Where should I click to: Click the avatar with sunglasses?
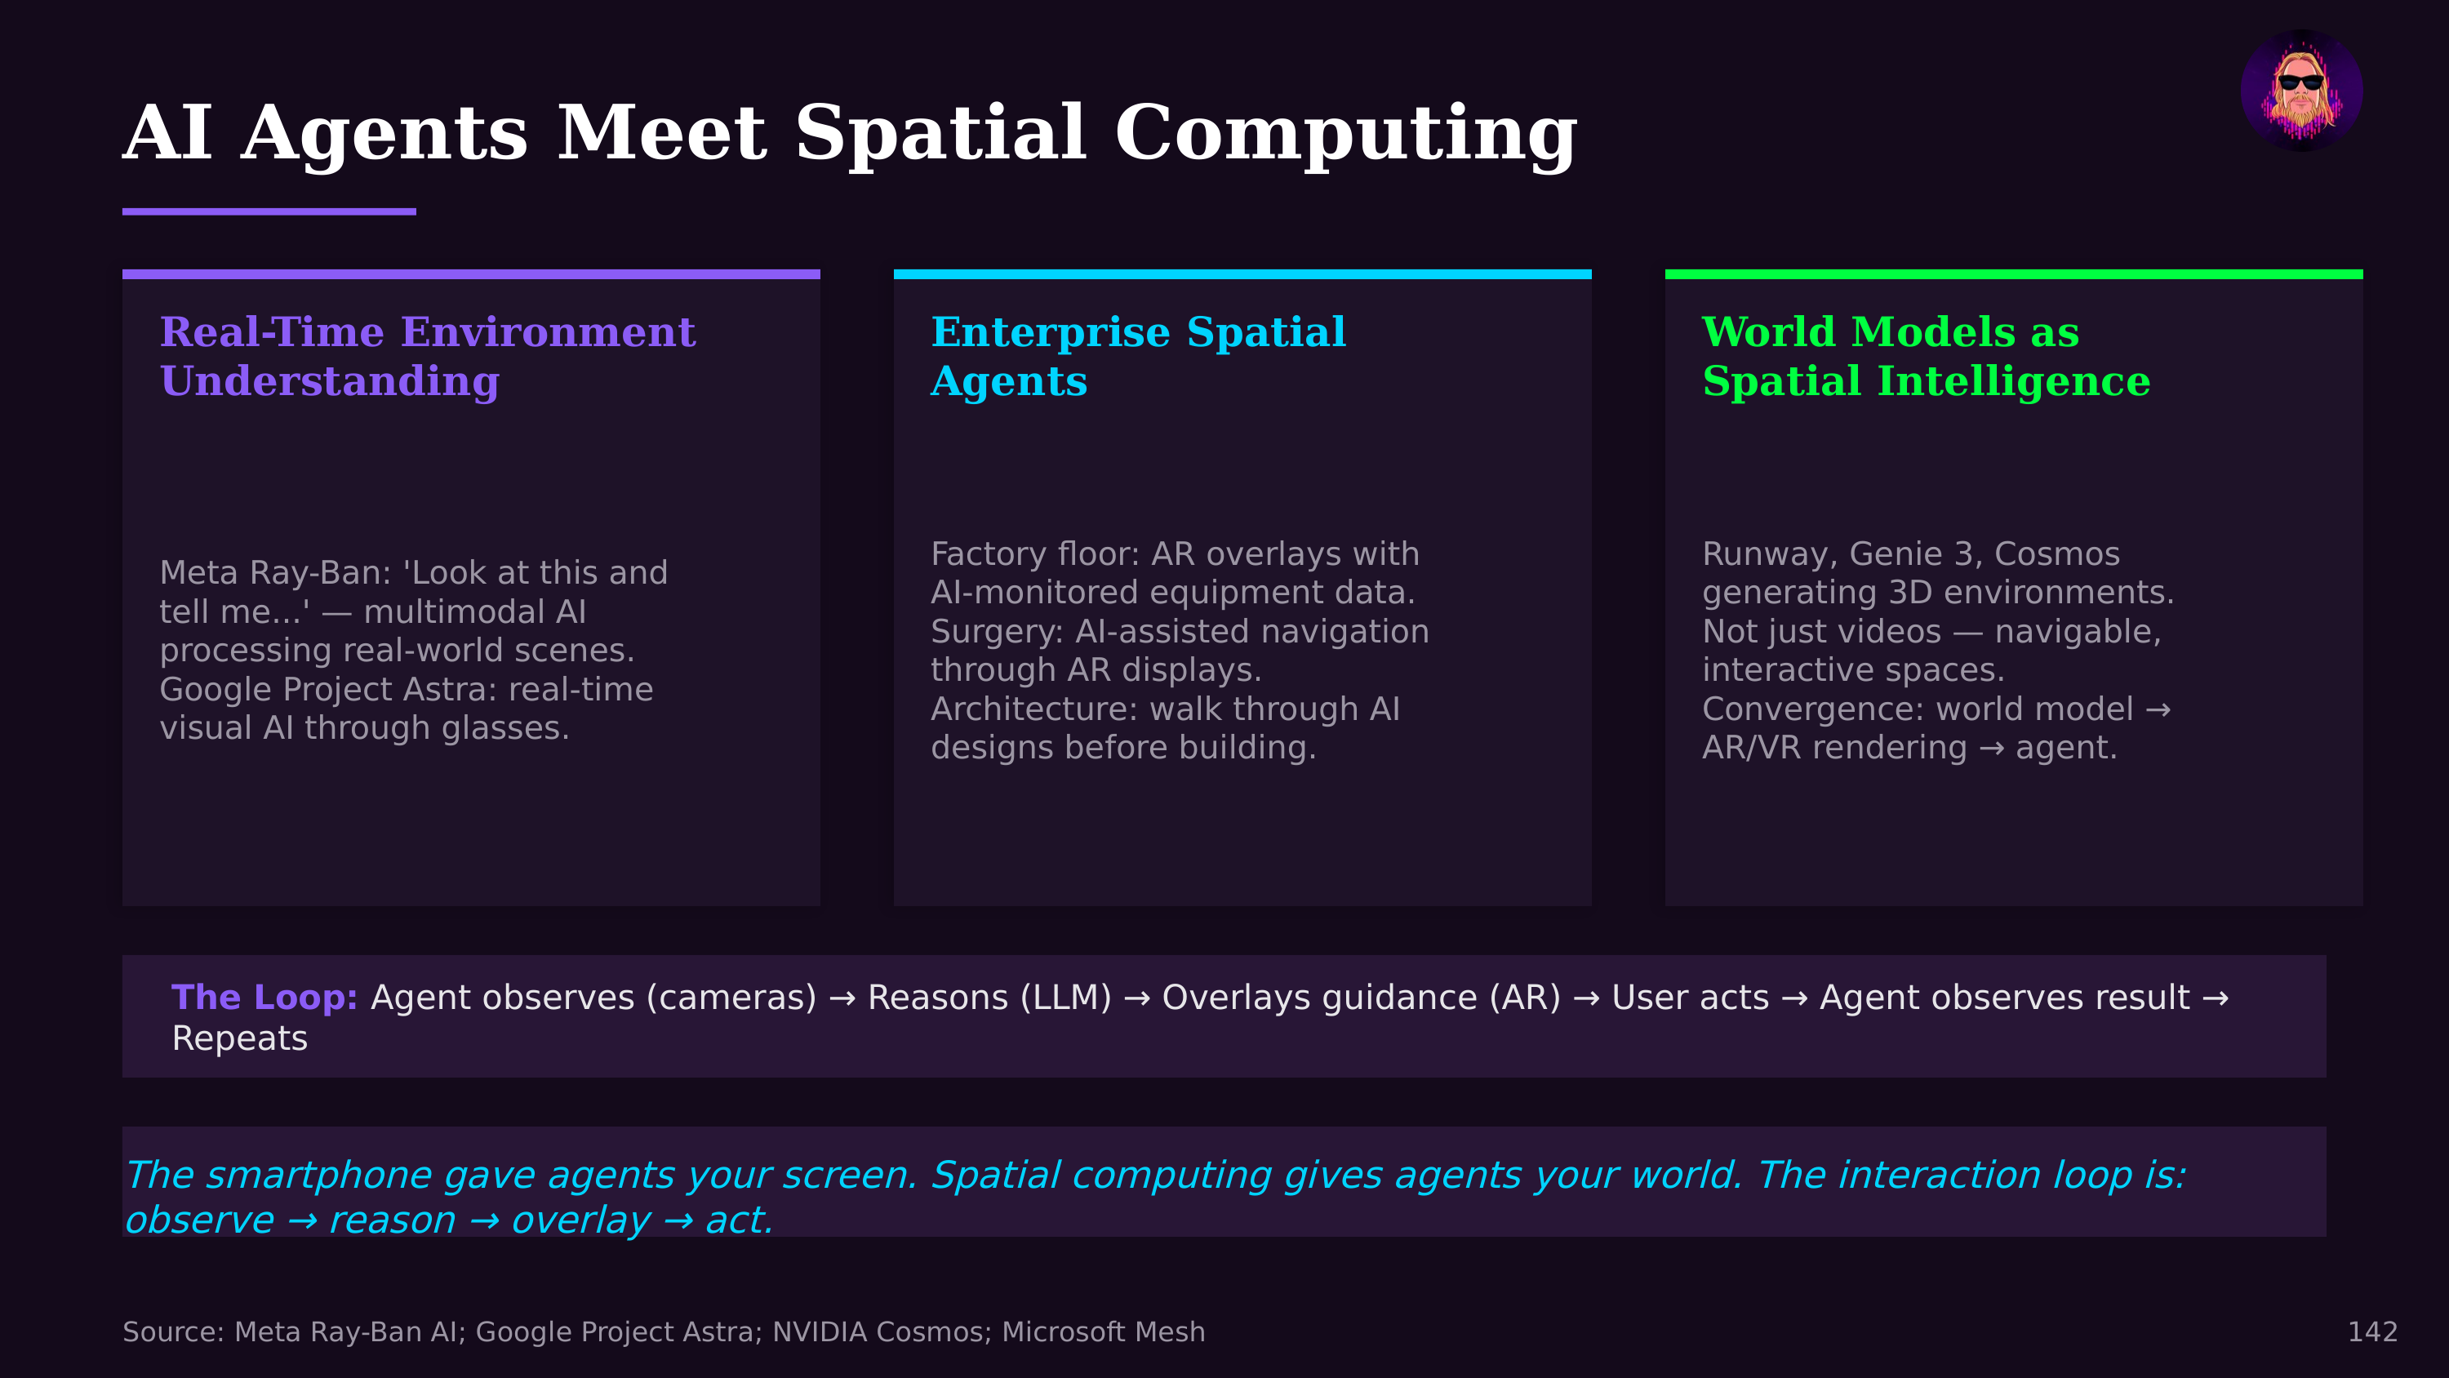2300,91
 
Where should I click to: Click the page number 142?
2372,1331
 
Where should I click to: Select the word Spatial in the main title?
940,133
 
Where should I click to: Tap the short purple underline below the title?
269,211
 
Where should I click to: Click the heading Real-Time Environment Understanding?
427,356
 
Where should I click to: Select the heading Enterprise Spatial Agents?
1137,356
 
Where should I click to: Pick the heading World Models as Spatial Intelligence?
1925,356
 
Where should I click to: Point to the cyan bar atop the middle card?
1242,275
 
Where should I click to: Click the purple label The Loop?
264,997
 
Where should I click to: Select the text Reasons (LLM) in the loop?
989,997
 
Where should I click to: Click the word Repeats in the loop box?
239,1038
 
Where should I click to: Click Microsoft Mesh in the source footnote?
1103,1331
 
